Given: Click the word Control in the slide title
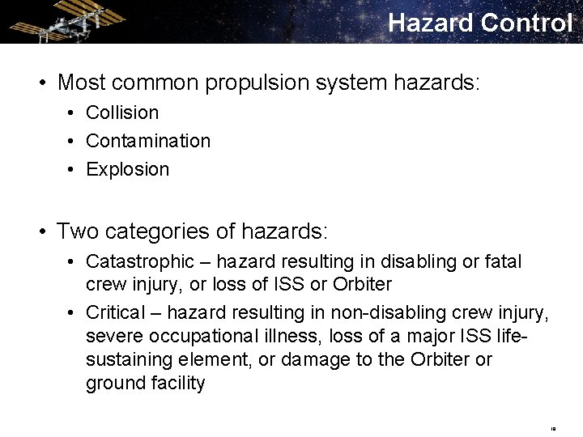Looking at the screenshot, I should (x=526, y=23).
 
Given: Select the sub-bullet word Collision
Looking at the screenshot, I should (x=122, y=112).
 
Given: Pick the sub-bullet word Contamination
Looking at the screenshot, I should (x=148, y=141).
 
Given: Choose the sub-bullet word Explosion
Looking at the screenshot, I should (x=128, y=169).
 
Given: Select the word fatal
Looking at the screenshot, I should (x=503, y=261).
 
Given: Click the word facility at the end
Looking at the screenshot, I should (x=176, y=382).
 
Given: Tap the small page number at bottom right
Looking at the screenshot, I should (x=553, y=428).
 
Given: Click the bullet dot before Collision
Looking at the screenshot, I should (x=72, y=112).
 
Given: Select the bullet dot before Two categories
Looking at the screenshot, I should (x=40, y=231).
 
